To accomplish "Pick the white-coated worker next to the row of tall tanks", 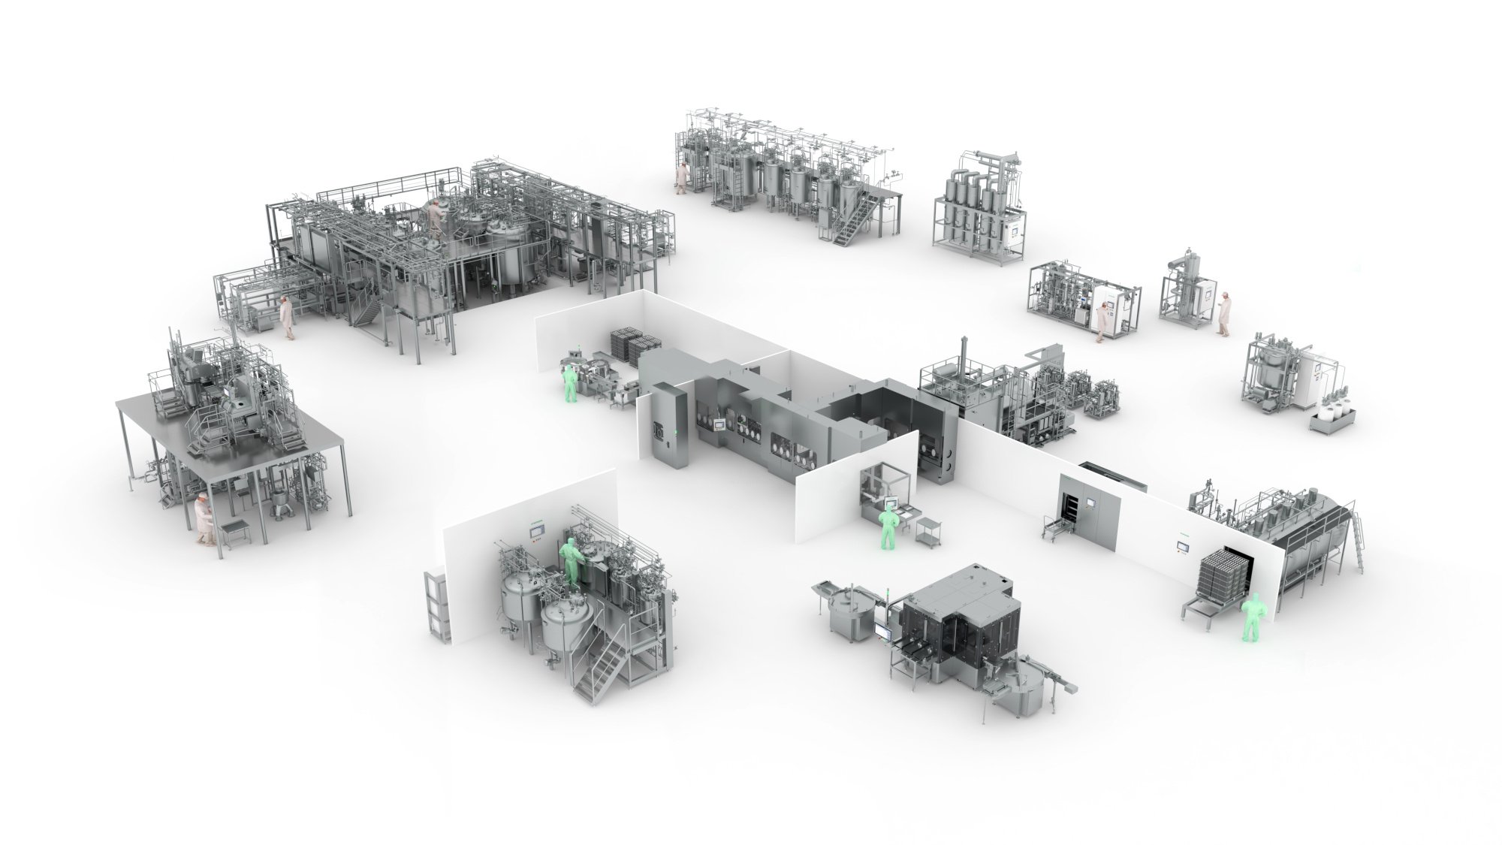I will pyautogui.click(x=681, y=177).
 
